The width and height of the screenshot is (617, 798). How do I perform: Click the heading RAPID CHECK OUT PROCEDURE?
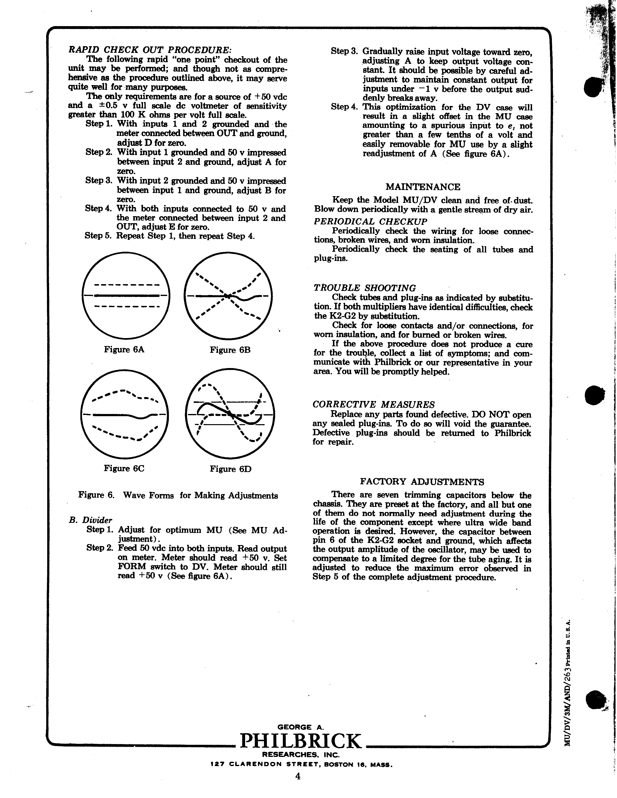click(150, 50)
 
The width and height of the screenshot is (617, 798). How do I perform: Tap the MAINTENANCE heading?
click(423, 187)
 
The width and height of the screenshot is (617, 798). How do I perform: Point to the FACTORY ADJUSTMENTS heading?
click(422, 481)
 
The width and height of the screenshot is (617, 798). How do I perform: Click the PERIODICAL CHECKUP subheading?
click(370, 222)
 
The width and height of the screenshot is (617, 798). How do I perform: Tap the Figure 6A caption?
click(124, 350)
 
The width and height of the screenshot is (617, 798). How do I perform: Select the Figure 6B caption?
click(230, 350)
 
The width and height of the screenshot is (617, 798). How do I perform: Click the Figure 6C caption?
click(124, 468)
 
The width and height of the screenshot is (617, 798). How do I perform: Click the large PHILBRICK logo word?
click(301, 741)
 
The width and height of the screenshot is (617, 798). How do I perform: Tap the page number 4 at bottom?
click(298, 787)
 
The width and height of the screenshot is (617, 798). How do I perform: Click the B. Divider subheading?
click(90, 520)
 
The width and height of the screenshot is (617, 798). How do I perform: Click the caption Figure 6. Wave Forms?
click(178, 495)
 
